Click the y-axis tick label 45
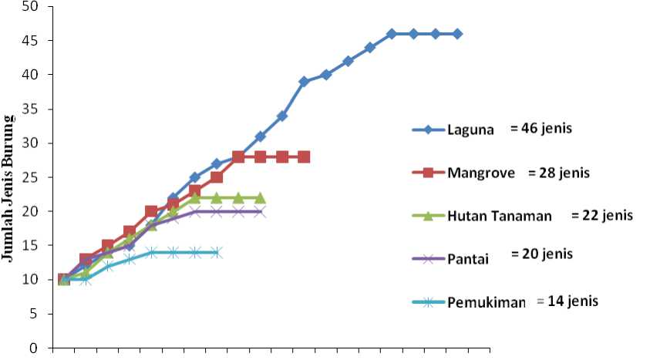point(36,41)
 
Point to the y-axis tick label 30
point(36,143)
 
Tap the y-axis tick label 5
point(39,315)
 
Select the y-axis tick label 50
point(36,7)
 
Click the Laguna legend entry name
point(470,130)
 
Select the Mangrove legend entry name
point(481,173)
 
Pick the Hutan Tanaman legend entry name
point(499,216)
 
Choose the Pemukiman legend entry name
point(486,301)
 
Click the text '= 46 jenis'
point(541,129)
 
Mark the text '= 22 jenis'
point(602,215)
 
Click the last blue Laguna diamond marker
point(457,34)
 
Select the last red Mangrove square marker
point(305,156)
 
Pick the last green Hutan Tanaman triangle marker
point(261,198)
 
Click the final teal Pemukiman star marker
point(217,252)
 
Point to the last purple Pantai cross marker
point(261,211)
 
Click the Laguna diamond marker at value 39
point(305,82)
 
